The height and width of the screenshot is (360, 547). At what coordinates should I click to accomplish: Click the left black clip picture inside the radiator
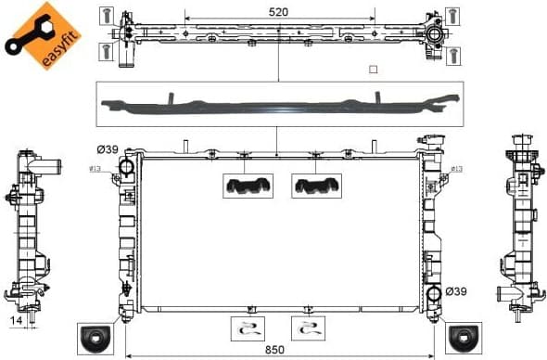click(x=247, y=186)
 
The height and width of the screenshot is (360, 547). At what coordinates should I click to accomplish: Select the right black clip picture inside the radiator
click(x=316, y=186)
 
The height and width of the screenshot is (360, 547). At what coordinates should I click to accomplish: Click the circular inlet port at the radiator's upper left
click(x=127, y=167)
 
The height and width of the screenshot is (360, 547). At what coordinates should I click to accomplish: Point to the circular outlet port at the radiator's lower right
click(x=433, y=296)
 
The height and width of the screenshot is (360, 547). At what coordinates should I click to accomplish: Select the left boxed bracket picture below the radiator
click(x=247, y=328)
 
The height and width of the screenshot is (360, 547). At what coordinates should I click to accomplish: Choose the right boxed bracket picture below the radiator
click(x=308, y=328)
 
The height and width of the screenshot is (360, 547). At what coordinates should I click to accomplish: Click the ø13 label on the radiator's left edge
click(x=95, y=169)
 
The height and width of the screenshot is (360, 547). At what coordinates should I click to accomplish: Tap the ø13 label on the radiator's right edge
click(x=456, y=169)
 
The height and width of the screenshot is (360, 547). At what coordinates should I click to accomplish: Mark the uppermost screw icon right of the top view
click(x=452, y=15)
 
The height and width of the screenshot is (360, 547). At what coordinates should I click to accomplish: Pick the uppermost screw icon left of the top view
click(x=108, y=15)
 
